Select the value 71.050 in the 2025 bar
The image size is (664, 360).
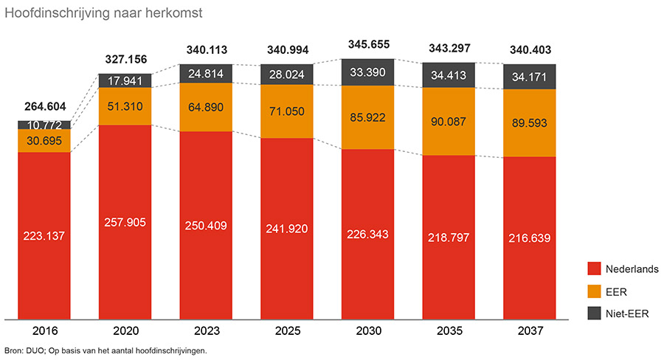[287, 112]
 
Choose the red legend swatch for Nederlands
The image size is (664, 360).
[594, 269]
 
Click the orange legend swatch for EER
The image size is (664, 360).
[594, 291]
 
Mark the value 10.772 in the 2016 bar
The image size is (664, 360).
[44, 125]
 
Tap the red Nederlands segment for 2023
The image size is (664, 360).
[206, 251]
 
